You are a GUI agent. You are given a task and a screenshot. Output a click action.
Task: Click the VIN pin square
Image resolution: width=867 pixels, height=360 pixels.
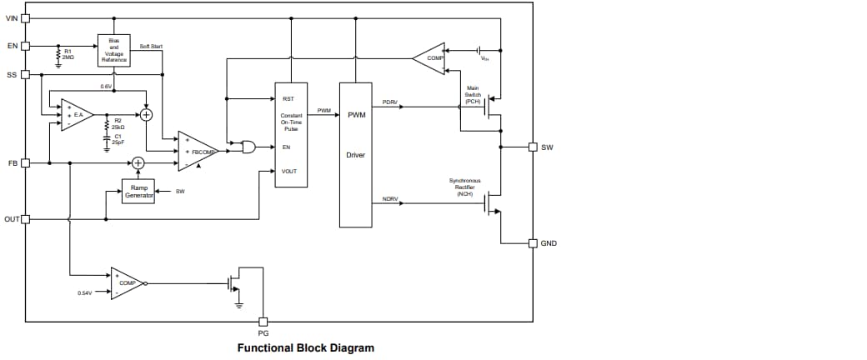point(26,17)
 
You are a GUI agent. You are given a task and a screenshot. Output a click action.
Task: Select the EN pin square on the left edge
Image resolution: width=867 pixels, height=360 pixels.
point(26,45)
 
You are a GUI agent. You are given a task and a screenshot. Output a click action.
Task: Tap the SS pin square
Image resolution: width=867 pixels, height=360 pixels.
point(26,74)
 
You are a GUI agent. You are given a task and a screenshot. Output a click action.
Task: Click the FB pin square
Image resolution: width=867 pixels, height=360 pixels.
point(26,162)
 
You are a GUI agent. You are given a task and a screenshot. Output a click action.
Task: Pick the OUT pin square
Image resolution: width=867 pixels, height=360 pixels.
point(26,219)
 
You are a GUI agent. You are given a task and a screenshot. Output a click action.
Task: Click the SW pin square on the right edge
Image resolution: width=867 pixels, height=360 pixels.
point(533,147)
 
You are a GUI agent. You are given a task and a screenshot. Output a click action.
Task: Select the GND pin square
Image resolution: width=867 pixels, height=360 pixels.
point(533,243)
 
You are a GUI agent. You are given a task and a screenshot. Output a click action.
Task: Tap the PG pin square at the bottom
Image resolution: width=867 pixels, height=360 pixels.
point(263,322)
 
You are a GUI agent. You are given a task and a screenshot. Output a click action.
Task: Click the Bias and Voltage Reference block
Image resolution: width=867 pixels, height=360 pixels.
point(113,49)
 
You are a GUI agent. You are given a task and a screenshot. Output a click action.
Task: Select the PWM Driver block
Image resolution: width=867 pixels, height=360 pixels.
point(355,154)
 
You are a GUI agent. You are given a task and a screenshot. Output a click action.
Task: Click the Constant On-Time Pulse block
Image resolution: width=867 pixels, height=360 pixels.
point(291,134)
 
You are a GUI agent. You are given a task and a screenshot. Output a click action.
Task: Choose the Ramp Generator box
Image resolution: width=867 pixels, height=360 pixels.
point(138,192)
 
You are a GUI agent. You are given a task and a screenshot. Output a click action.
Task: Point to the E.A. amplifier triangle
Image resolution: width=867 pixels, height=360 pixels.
point(76,114)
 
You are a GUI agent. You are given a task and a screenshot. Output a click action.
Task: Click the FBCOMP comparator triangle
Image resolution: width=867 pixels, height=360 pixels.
point(197,152)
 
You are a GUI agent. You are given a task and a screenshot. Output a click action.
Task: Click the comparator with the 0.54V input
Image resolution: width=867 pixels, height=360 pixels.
point(127,283)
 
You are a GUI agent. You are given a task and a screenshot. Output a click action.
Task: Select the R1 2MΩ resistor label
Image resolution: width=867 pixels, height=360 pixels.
point(69,55)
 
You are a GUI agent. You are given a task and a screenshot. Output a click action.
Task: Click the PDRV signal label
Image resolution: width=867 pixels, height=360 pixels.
point(389,102)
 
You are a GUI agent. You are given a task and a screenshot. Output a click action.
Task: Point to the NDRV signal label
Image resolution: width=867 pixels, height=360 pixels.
point(389,199)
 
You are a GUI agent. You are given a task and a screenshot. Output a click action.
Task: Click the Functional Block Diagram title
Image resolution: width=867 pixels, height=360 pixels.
point(305,347)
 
